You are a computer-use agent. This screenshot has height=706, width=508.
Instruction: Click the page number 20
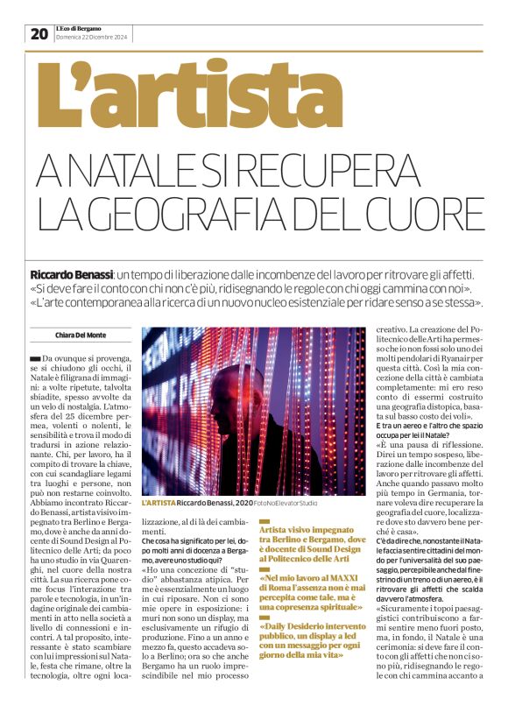[39, 33]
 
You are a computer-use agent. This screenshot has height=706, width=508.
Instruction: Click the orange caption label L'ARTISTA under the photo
[159, 504]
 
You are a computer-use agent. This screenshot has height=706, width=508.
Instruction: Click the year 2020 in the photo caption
[242, 504]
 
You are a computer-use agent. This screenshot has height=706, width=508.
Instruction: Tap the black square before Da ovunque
[34, 358]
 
